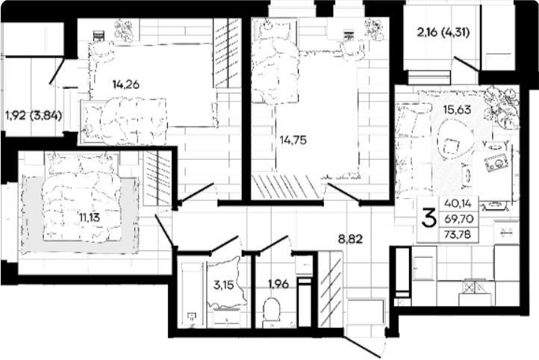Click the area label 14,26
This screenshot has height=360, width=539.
click(126, 84)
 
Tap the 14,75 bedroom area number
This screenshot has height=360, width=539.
click(293, 140)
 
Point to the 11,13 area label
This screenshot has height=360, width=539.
click(89, 217)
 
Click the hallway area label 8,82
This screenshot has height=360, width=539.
click(350, 238)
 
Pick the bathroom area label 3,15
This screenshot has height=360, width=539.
click(223, 285)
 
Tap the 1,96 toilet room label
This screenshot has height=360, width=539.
click(278, 284)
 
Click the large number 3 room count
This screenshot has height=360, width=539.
click(429, 219)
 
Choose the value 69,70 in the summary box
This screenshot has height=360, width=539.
click(459, 219)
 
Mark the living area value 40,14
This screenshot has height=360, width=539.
click(458, 203)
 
